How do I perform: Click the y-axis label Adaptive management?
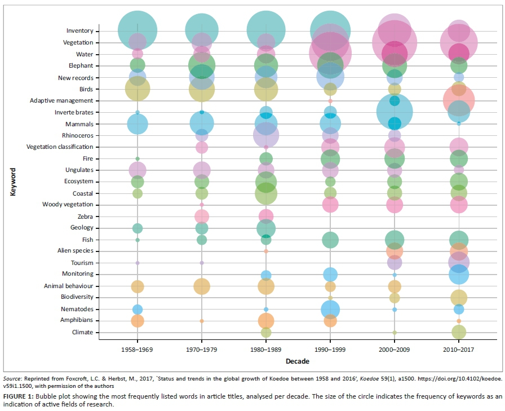coord(61,101)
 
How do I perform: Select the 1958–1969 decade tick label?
coord(138,349)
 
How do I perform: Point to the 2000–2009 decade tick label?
coord(395,349)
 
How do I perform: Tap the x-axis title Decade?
coord(297,360)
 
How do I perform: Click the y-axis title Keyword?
coord(12,181)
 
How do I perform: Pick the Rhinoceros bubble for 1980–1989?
coord(266,135)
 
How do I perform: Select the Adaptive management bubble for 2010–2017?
coord(459,100)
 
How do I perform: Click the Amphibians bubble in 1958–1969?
coord(138,321)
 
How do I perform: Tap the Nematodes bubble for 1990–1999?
coord(330,309)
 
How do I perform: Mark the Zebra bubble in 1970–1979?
coord(202,216)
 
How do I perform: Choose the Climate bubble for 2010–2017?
coord(459,332)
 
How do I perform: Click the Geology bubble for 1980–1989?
coord(266,228)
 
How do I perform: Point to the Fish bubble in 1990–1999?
coord(330,240)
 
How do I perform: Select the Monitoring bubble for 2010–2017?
coord(459,275)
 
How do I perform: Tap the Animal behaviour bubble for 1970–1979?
coord(202,286)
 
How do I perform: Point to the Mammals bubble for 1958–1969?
coord(138,124)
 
